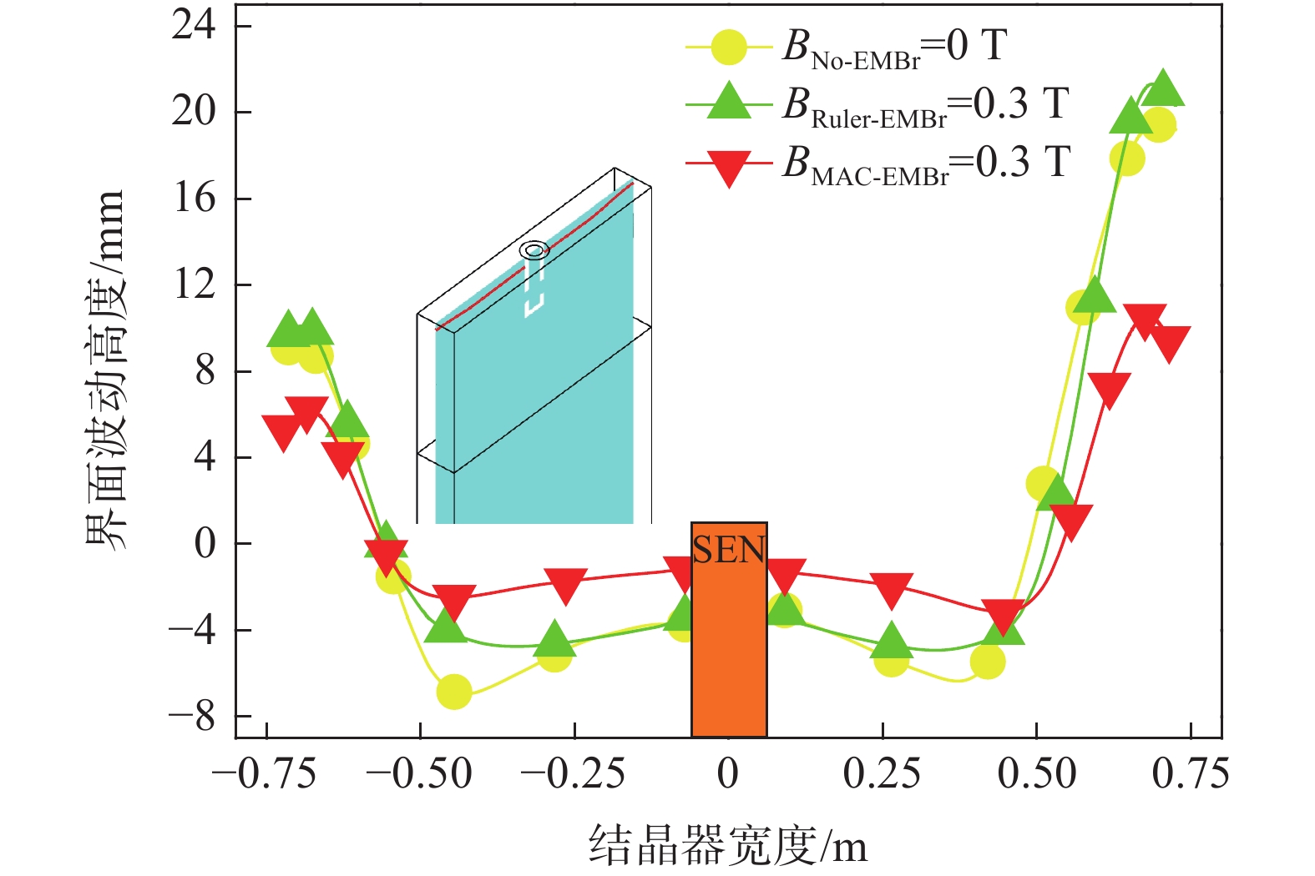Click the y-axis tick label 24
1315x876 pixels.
[x=193, y=26]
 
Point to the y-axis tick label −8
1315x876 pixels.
[x=193, y=716]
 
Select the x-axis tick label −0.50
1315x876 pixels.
[x=420, y=774]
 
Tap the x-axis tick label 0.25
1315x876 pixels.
[x=882, y=774]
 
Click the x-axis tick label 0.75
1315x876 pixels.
[x=1190, y=774]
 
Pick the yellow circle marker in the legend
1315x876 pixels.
[x=729, y=48]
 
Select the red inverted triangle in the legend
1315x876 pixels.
[x=729, y=165]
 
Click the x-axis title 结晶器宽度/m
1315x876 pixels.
[x=728, y=846]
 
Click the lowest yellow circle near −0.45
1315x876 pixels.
[x=454, y=691]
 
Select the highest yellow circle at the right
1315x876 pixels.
[x=1159, y=127]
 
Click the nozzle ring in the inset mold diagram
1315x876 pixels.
[x=534, y=249]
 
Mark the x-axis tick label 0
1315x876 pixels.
[x=728, y=774]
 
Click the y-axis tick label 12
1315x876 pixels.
[x=193, y=284]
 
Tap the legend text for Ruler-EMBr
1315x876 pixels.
[x=924, y=106]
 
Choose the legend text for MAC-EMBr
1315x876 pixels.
[x=925, y=164]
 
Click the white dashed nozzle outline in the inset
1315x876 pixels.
[x=534, y=292]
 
